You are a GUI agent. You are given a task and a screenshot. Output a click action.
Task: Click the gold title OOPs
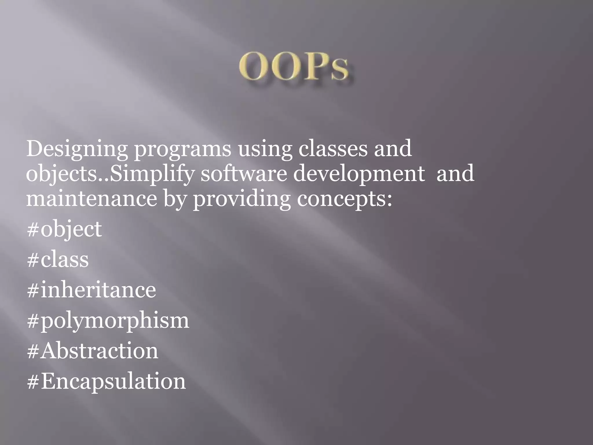coord(294,66)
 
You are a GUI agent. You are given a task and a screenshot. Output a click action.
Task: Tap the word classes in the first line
coord(333,148)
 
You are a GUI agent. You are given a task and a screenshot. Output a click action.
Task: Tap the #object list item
coord(64,229)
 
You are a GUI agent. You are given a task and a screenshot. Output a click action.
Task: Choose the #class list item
coord(58,259)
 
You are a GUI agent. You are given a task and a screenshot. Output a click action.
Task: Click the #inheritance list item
coord(91,290)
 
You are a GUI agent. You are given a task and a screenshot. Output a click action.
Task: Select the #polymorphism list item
coord(108,321)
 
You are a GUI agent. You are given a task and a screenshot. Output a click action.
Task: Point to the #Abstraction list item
coord(93,351)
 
